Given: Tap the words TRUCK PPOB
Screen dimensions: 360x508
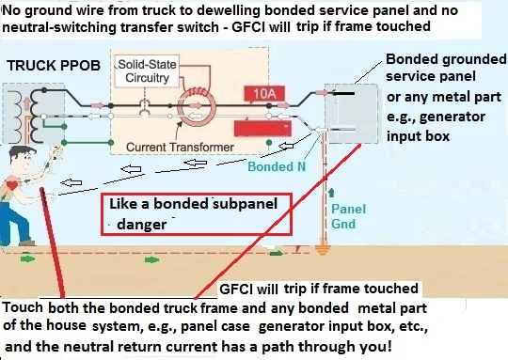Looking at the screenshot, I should [x=45, y=69].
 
